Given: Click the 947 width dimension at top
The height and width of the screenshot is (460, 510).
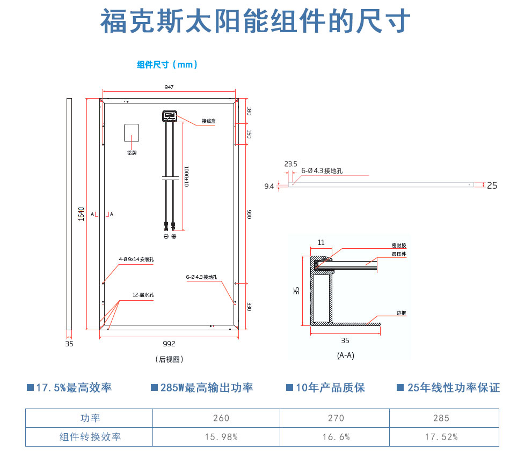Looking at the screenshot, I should pos(169,87).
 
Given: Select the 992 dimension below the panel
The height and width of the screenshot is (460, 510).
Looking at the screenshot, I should pos(169,344).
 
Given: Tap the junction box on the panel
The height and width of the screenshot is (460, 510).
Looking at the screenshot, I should pos(170,115).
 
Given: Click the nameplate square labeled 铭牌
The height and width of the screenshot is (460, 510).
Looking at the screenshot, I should pos(132,133).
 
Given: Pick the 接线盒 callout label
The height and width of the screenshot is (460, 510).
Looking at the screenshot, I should pos(208,121).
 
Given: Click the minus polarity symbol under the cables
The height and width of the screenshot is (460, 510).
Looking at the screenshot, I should pos(166,236).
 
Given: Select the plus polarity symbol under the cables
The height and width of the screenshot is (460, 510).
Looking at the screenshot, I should pos(174,236).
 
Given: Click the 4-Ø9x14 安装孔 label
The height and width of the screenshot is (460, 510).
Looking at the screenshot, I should pos(136,259).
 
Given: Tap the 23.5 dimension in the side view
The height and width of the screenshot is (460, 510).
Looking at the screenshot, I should pos(290,164).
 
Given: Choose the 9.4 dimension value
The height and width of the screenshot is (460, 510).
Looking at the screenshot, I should pos(269,186).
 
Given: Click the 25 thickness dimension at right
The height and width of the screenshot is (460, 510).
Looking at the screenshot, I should pos(492,186).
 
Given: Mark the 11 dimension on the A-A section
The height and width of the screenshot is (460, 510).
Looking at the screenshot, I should pos(321,242).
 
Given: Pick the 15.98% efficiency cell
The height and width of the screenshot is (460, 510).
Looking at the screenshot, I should pos(221,437).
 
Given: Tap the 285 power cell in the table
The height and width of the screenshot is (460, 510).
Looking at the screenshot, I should pos(441,418).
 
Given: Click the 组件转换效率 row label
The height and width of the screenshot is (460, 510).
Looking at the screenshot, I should pos(90,437).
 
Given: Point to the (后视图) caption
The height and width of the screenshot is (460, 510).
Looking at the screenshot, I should pos(169,359).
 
